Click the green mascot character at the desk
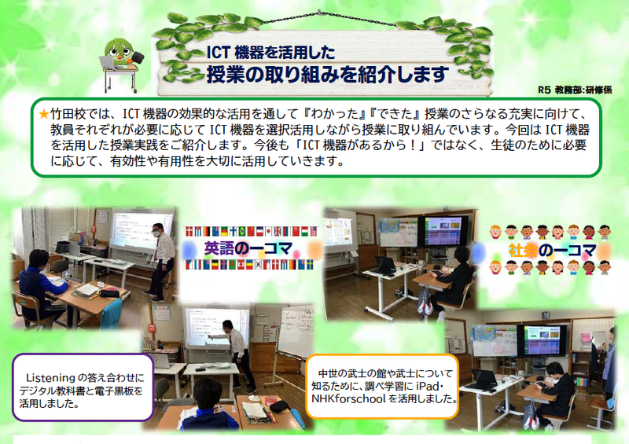120,64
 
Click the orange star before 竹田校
44,114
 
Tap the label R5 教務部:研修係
575,90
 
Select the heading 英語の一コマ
248,248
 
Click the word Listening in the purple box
50,378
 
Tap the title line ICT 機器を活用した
270,53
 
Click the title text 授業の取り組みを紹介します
327,75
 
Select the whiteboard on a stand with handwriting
296,333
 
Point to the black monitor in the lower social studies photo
543,339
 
